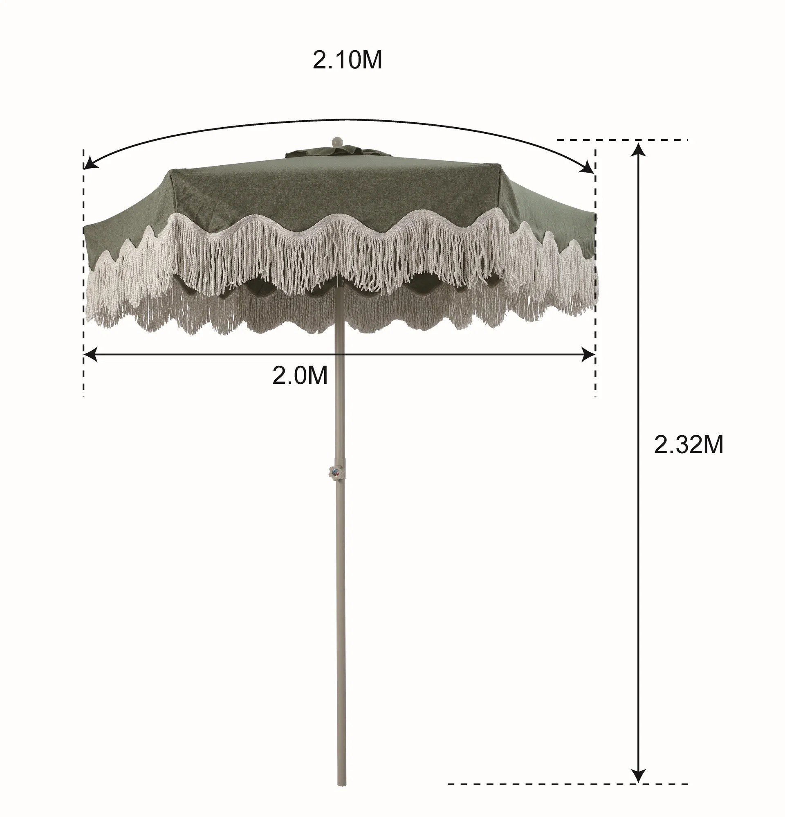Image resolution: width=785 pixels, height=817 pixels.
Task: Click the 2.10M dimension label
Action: [347, 61]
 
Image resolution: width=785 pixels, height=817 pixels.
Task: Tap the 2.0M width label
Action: [300, 376]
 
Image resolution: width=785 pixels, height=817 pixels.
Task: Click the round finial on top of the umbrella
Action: [336, 141]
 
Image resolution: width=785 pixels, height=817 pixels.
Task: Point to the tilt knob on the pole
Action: [334, 473]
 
